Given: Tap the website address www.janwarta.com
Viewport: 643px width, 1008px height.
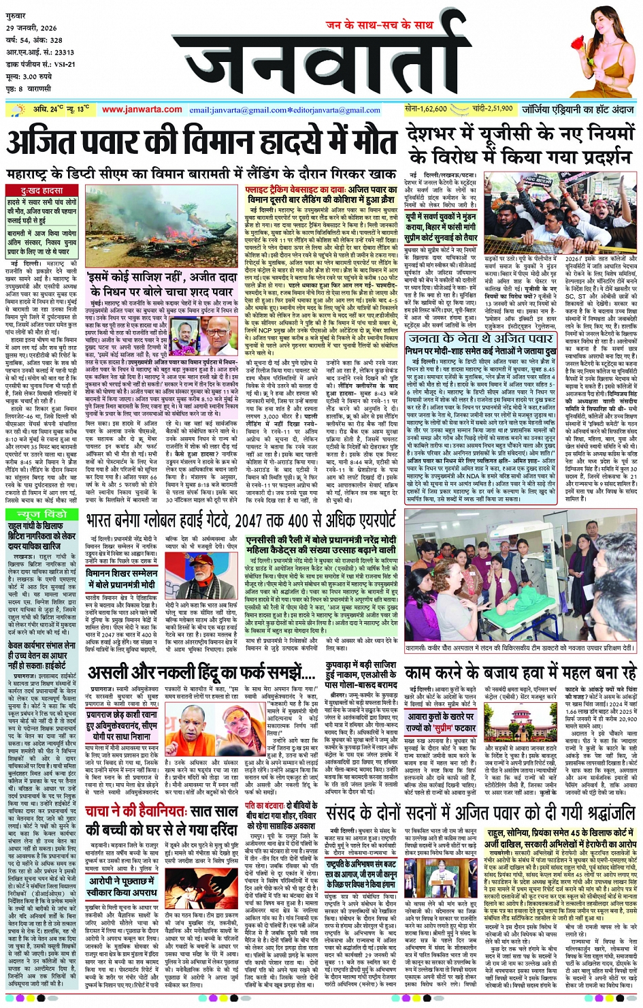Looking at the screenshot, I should point(142,109).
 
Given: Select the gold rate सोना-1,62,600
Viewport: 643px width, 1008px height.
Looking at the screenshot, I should point(426,108).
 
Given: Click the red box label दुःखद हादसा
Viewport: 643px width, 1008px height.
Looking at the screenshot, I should point(42,191).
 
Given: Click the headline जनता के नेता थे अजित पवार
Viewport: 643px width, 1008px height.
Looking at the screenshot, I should point(476,338).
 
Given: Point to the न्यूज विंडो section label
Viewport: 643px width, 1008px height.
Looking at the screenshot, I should point(42,514).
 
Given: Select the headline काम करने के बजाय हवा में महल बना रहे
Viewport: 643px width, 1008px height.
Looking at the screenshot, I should point(521,674).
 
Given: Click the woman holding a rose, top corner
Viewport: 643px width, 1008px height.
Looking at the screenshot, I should point(601,51).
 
